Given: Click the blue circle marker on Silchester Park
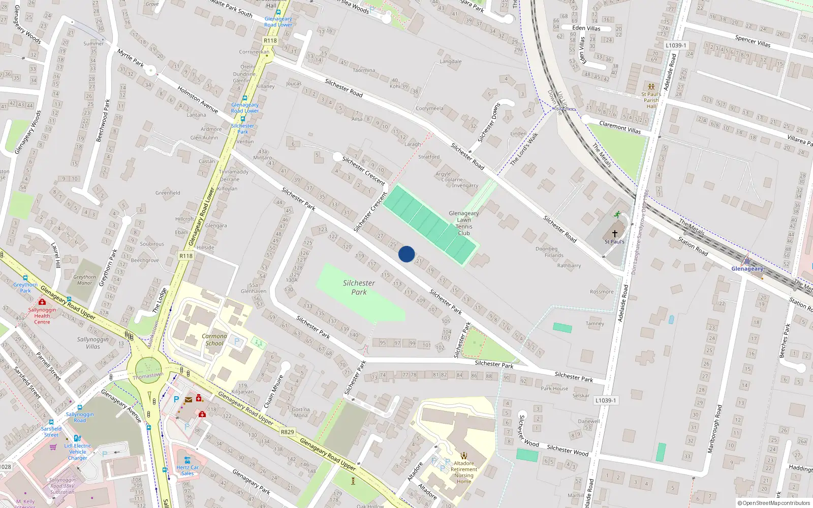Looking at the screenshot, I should (x=407, y=254).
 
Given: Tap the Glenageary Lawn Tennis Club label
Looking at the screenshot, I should (x=464, y=223).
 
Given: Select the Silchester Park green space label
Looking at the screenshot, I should (x=359, y=287).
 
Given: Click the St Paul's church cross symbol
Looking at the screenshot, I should (x=615, y=234).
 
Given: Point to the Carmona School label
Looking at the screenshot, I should (x=214, y=339).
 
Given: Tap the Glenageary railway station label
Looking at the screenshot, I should (x=747, y=269).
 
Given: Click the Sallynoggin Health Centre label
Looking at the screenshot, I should (x=42, y=315).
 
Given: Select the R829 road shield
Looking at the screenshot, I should (x=288, y=432).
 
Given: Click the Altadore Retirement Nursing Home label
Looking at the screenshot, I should (x=463, y=472).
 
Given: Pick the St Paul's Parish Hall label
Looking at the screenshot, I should (x=651, y=100).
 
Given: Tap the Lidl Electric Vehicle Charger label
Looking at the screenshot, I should (x=78, y=452).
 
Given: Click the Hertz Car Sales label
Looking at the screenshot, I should (x=187, y=470).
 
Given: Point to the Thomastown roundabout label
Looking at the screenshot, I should (x=148, y=375).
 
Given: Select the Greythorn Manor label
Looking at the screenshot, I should (x=85, y=280).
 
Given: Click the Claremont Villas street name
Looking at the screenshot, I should (x=620, y=127).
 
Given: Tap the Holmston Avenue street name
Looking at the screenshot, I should (x=198, y=100).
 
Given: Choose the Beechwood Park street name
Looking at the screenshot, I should (x=103, y=121).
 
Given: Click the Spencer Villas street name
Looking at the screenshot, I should (x=753, y=41).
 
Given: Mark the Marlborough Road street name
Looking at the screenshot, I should (x=714, y=429).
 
